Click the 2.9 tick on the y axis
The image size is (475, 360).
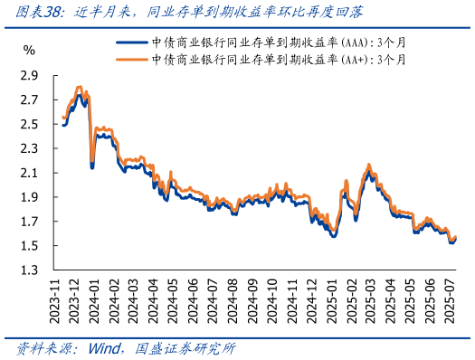[x=28, y=75]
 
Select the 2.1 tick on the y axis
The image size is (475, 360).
[x=28, y=173]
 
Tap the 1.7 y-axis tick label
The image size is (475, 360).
[x=28, y=222]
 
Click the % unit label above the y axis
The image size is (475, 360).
[x=29, y=49]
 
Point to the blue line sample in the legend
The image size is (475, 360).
[x=132, y=43]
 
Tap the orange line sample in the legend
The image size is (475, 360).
[x=132, y=59]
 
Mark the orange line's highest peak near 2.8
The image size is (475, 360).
[x=80, y=87]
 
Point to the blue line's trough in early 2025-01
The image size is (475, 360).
[x=334, y=236]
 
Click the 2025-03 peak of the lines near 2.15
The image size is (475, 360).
[x=368, y=166]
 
